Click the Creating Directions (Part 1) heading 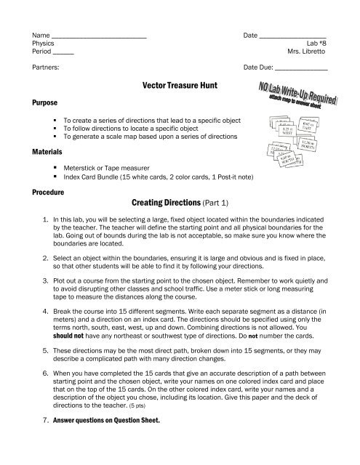pos(180,205)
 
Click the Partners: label pos(45,69)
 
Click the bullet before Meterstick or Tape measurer pos(56,168)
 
